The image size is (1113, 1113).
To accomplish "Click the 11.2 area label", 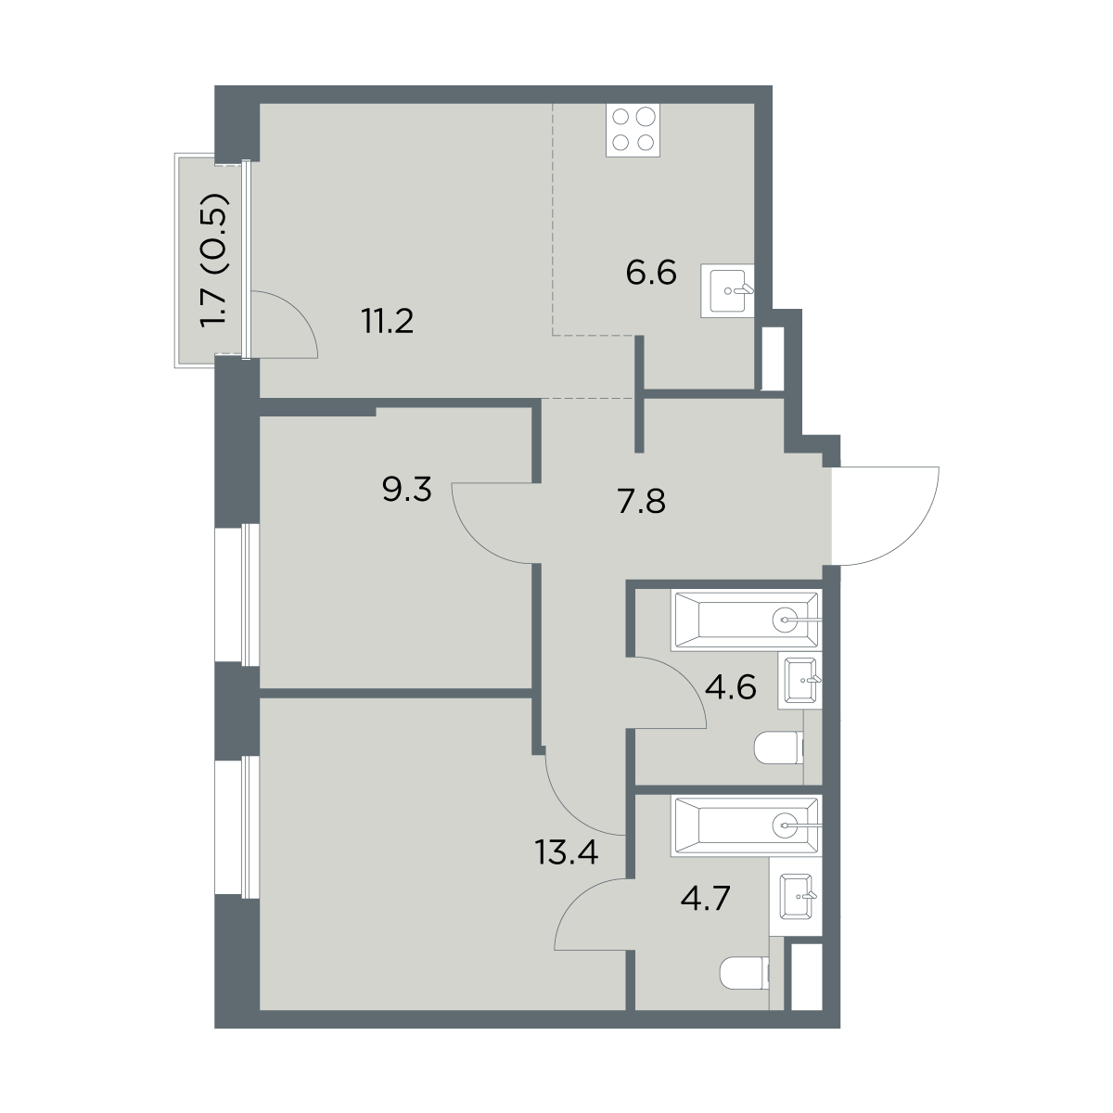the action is (x=388, y=322).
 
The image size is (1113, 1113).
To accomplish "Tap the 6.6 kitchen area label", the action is (x=651, y=274).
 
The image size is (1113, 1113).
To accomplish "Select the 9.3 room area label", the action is (x=406, y=491).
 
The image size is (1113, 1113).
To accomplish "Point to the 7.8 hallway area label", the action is (x=641, y=501).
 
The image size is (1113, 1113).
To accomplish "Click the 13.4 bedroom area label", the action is (x=567, y=852).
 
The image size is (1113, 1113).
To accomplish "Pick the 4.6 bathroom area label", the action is (x=731, y=686).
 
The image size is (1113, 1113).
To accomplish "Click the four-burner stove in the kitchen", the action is (x=633, y=130).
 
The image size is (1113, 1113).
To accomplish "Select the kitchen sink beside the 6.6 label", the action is (x=728, y=290).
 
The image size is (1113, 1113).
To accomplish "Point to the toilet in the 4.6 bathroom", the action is (x=778, y=748).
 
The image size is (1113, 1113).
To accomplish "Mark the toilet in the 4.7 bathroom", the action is (x=745, y=973).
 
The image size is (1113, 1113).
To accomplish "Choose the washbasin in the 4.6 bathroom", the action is (x=800, y=681).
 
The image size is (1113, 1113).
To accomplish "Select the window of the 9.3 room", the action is (x=237, y=595).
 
